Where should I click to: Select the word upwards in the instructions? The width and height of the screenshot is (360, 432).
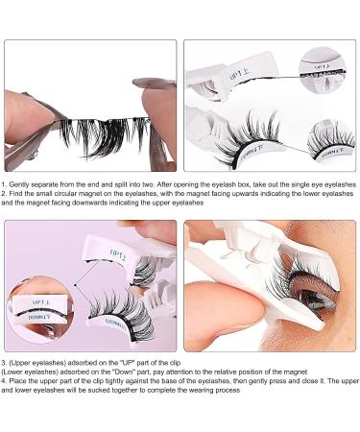pyautogui.click(x=199, y=193)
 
